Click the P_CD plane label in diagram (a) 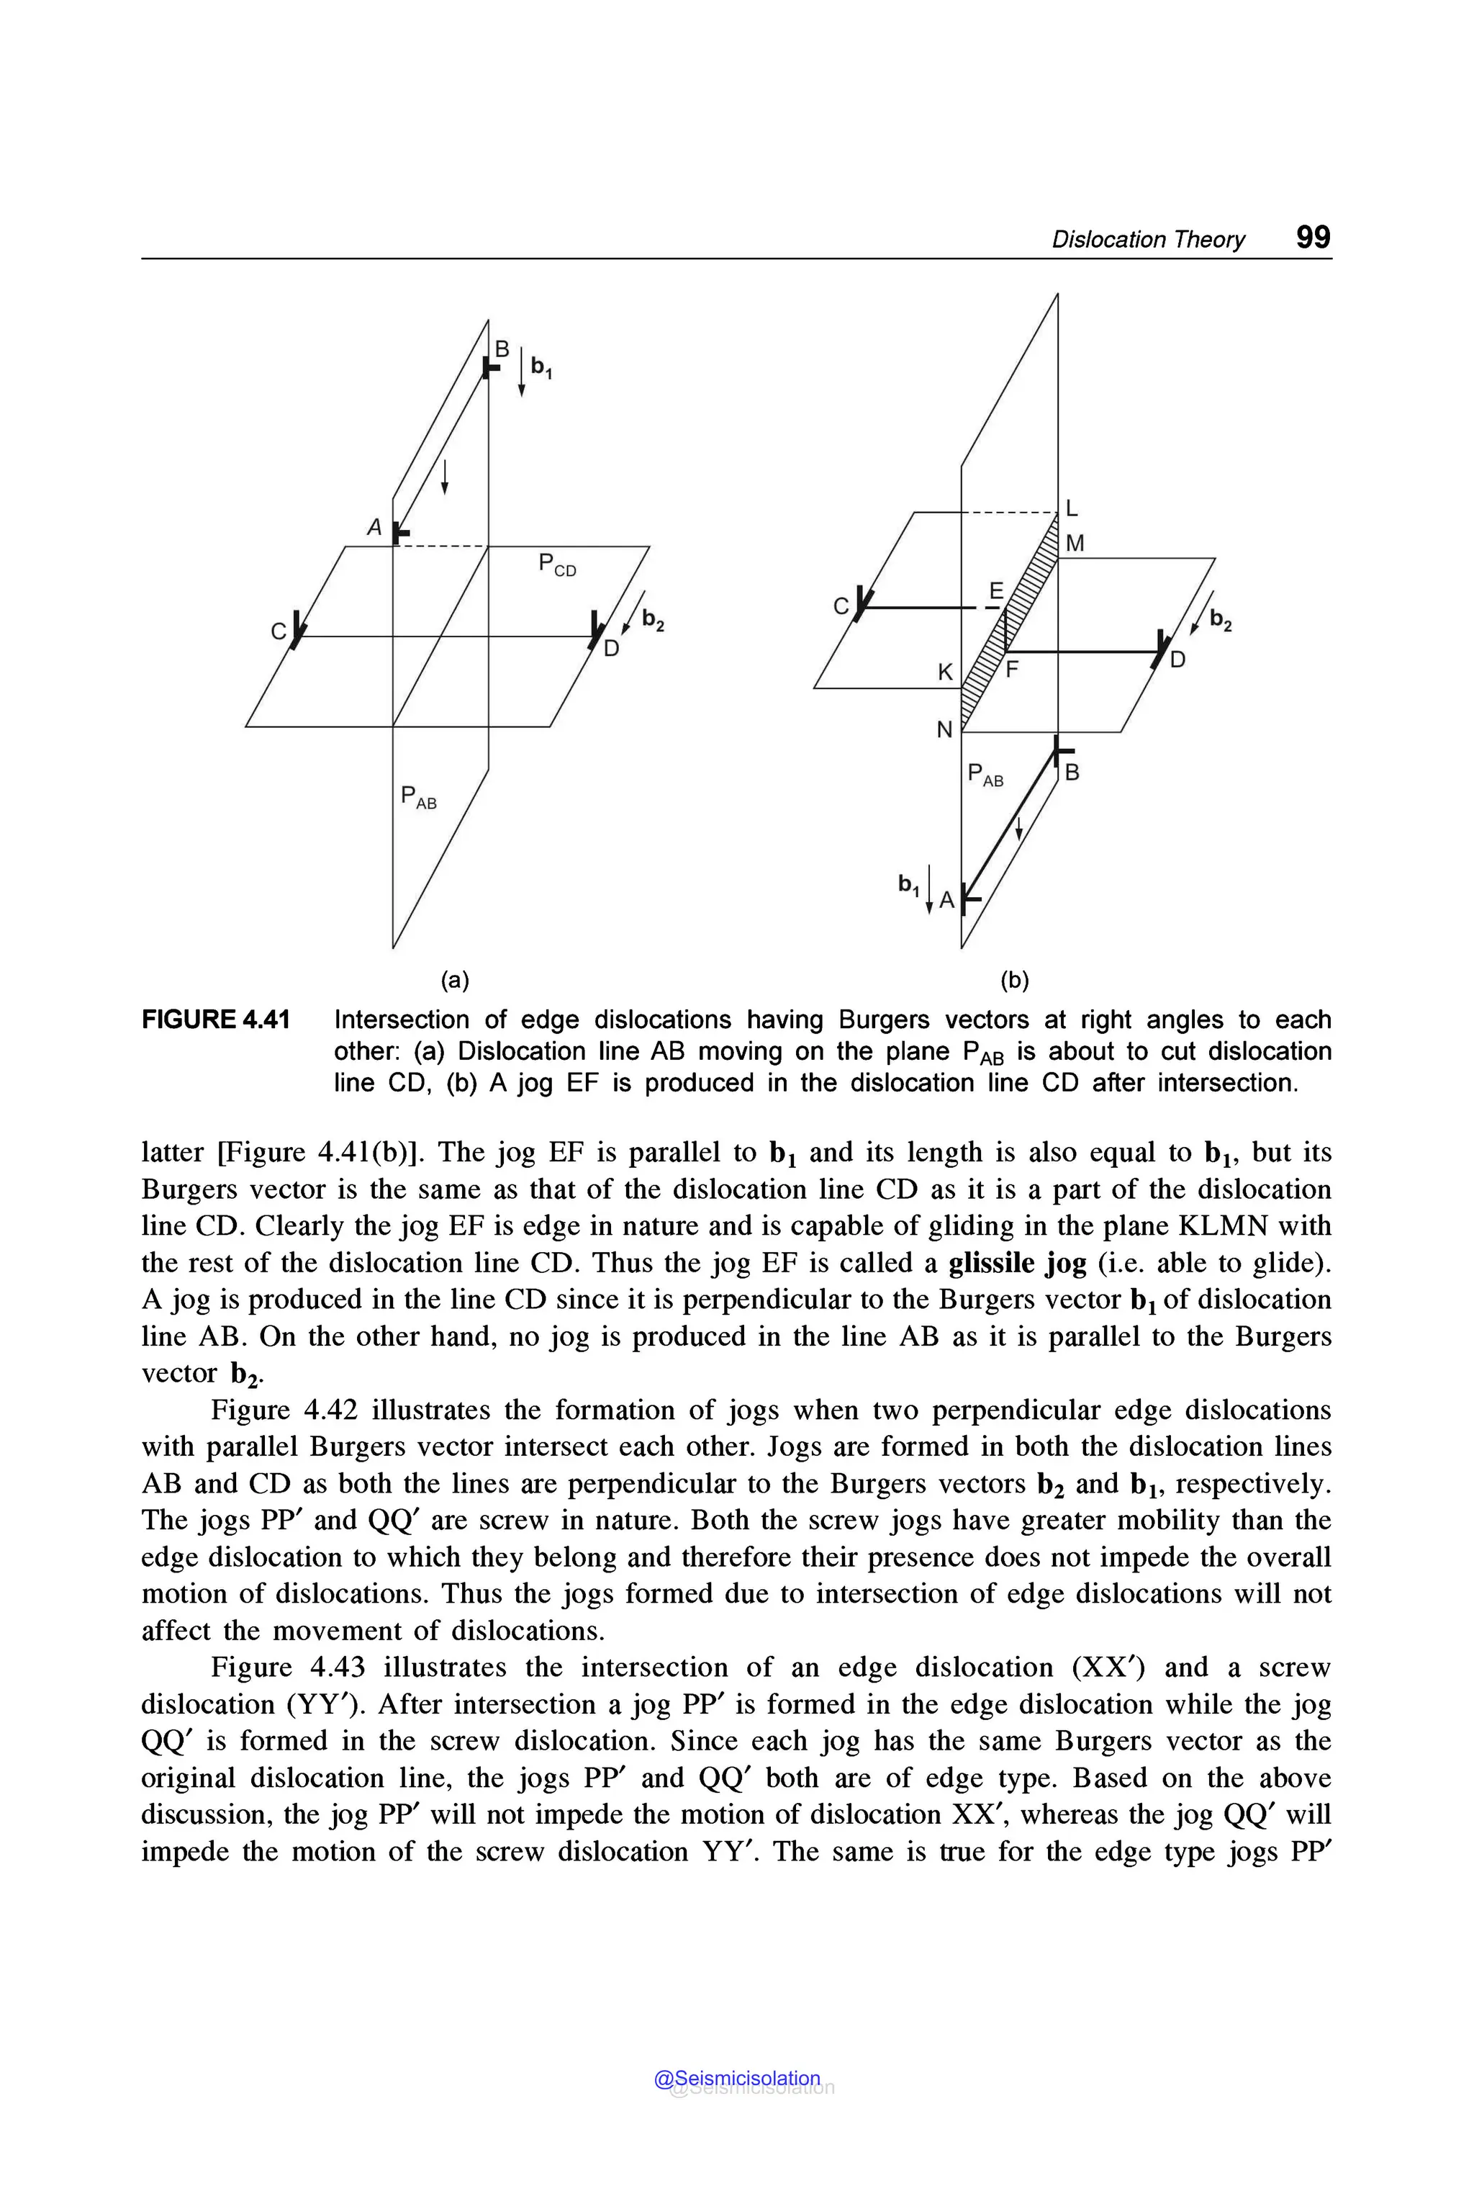(556, 565)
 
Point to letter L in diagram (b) (1072, 509)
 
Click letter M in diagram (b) (1075, 544)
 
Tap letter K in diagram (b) (946, 672)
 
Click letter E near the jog (996, 590)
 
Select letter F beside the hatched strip (1013, 670)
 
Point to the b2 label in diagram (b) (1220, 620)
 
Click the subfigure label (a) (455, 980)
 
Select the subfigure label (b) (1014, 980)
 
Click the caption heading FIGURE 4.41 (215, 1020)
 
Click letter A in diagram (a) (374, 528)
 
